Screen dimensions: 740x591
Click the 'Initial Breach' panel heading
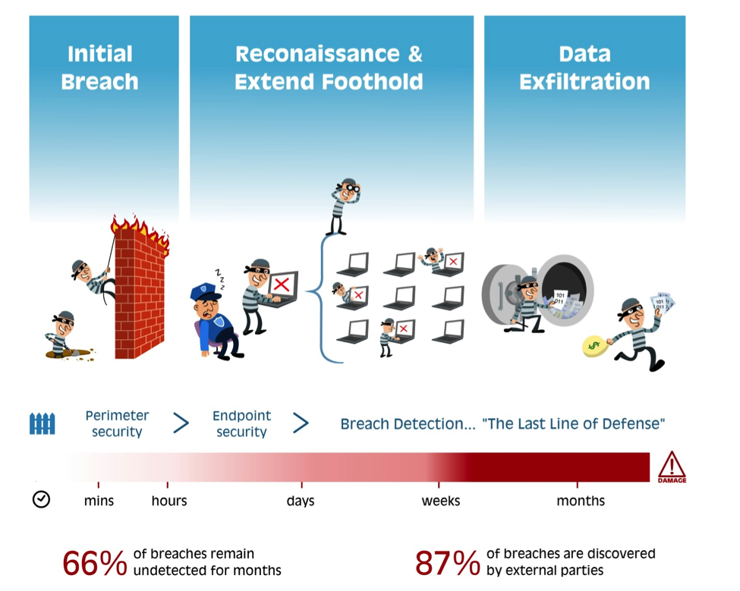click(x=99, y=68)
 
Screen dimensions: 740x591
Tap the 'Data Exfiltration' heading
click(x=584, y=68)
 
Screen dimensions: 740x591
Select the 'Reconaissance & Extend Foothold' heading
click(x=329, y=68)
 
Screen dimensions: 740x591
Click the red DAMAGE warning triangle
click(x=672, y=467)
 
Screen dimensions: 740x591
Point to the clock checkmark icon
click(x=42, y=499)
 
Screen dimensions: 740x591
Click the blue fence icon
click(x=43, y=423)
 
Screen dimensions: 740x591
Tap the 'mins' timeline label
click(x=99, y=501)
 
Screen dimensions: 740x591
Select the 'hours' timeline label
click(x=169, y=501)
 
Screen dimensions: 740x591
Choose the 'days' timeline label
click(x=301, y=501)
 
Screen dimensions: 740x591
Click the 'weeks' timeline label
click(x=441, y=501)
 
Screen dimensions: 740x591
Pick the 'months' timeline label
click(x=581, y=501)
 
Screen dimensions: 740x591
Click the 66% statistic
click(x=95, y=563)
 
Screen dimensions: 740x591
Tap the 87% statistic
click(x=447, y=563)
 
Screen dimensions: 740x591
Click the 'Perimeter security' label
click(x=117, y=423)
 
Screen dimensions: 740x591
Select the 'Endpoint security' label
click(x=241, y=423)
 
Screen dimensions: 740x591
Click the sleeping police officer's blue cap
click(x=204, y=291)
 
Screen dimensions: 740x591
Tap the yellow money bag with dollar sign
click(x=594, y=346)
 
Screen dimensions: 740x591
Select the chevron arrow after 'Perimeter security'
click(x=181, y=423)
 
